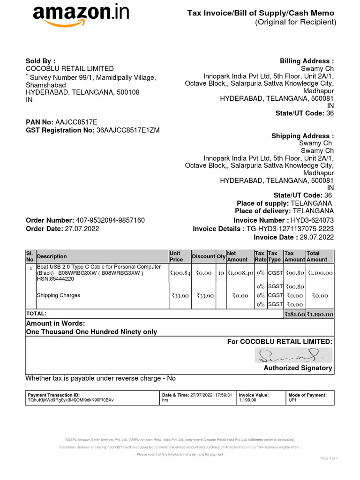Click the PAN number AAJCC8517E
76,122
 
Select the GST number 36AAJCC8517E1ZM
127,130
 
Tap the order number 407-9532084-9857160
110,220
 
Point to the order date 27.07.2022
82,229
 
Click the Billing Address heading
307,61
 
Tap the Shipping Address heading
302,136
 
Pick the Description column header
52,256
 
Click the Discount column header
203,256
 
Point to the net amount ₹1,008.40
240,273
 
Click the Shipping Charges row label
58,295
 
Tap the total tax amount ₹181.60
294,314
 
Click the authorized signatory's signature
293,355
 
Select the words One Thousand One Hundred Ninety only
91,332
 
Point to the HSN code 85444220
63,279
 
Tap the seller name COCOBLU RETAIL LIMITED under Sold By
69,69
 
